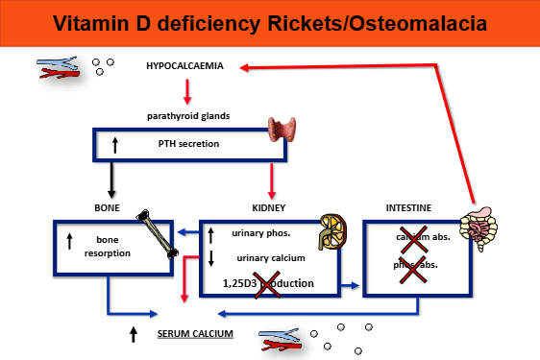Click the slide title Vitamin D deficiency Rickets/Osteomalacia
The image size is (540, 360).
[x=269, y=22]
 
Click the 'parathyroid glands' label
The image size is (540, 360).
[x=187, y=116]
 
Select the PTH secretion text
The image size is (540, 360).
[x=189, y=144]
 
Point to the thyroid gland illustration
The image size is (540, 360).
[x=285, y=132]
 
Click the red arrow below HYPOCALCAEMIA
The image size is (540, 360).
[x=187, y=91]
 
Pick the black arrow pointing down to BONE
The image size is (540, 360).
[x=113, y=180]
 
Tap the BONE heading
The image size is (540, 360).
[x=107, y=206]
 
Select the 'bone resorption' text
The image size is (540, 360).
[x=113, y=247]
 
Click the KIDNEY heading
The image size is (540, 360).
[x=269, y=206]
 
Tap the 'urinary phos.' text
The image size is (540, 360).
[x=261, y=232]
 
